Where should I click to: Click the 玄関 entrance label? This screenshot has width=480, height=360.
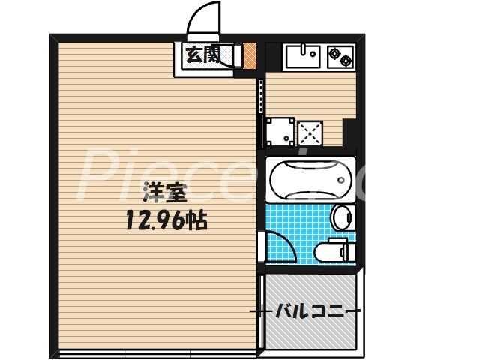coord(202,55)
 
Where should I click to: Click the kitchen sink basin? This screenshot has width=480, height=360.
coord(303,56)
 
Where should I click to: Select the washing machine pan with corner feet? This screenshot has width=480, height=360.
coord(278,133)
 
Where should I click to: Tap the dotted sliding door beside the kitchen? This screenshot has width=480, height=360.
coord(261,95)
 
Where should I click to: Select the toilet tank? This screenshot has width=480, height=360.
coord(346,251)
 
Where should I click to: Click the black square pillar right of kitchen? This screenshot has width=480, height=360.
coord(349,135)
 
